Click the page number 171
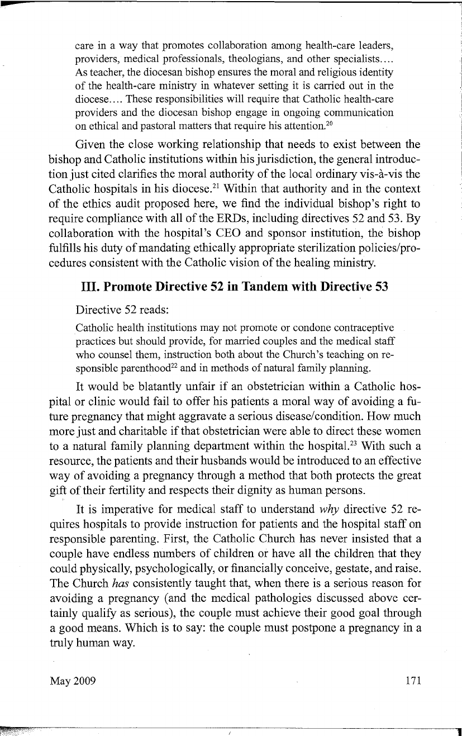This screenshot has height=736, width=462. tap(411, 681)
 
